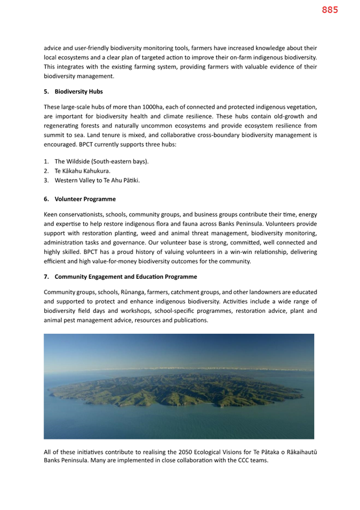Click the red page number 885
tap(330, 10)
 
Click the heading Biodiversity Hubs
tap(78, 91)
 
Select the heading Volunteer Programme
tap(85, 199)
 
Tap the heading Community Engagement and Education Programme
tap(126, 277)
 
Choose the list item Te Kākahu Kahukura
tap(82, 171)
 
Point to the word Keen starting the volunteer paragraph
tap(51, 214)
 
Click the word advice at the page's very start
tap(53, 48)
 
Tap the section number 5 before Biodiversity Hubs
tap(46, 91)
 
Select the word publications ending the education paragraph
tap(191, 320)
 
